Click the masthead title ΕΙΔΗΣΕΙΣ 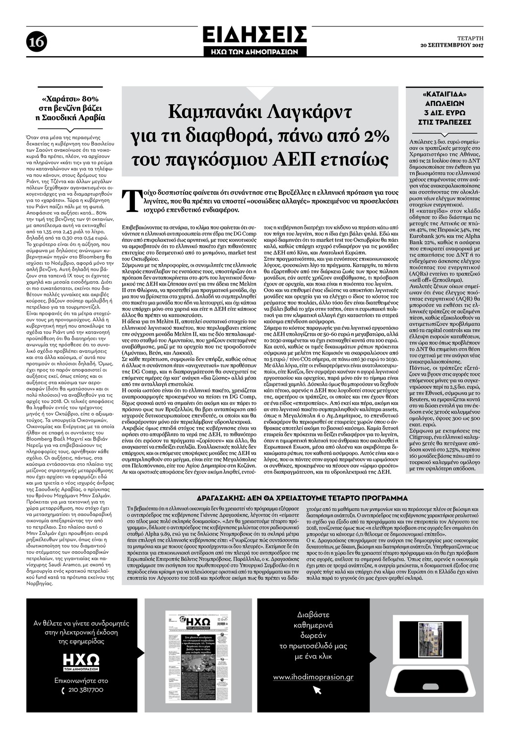tap(255, 35)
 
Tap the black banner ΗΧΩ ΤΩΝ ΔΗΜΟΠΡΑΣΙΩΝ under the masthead tap(255, 51)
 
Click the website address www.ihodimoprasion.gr tap(313, 677)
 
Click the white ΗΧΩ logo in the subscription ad tap(81, 661)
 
